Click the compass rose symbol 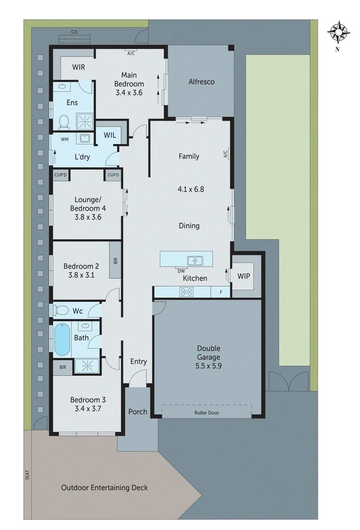339,32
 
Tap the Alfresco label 201,81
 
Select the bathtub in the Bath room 61,339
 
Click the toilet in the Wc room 61,310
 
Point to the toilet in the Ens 63,121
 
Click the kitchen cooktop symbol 187,292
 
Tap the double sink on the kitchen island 195,260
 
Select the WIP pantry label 244,276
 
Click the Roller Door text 206,413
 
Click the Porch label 138,411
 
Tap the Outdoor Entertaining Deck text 104,487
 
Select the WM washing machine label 64,139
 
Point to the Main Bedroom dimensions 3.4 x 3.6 129,92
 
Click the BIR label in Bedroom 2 115,260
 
